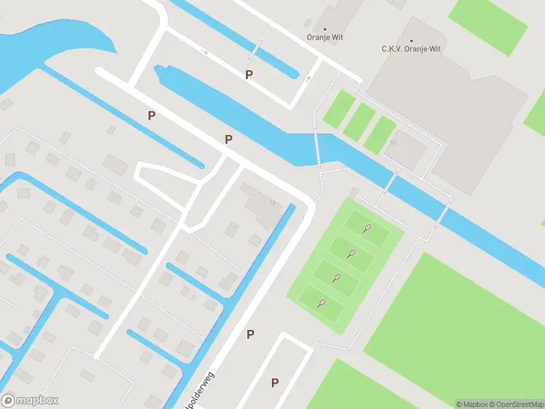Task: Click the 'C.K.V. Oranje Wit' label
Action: [x=411, y=49]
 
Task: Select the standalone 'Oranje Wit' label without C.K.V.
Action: [x=324, y=38]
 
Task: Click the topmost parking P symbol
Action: [x=249, y=74]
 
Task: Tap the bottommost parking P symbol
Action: [x=275, y=382]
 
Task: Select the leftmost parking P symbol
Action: [x=151, y=115]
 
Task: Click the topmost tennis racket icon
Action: [x=367, y=228]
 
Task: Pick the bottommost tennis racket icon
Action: [x=321, y=303]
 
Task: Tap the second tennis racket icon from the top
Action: [x=352, y=254]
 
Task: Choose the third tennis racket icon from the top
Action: [x=336, y=278]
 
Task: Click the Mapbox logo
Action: [x=30, y=400]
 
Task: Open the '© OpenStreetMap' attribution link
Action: [x=516, y=404]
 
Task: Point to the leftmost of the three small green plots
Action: [x=339, y=109]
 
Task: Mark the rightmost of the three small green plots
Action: [x=380, y=134]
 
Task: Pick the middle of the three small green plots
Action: [x=359, y=121]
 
